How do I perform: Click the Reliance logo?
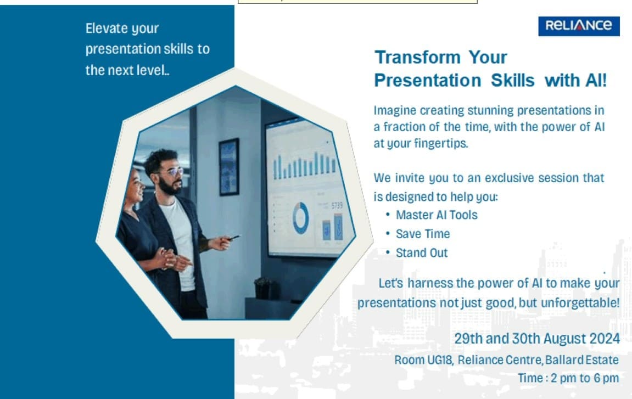click(x=579, y=26)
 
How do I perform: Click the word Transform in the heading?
click(x=417, y=57)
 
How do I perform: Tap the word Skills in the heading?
click(x=513, y=80)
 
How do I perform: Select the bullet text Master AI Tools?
click(x=437, y=215)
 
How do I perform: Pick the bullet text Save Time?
click(x=423, y=234)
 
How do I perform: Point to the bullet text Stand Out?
click(x=422, y=252)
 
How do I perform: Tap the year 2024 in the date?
click(x=605, y=339)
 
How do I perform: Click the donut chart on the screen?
click(x=301, y=218)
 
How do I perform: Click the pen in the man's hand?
click(x=234, y=238)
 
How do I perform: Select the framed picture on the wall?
click(x=230, y=167)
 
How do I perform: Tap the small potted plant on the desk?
click(x=263, y=288)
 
